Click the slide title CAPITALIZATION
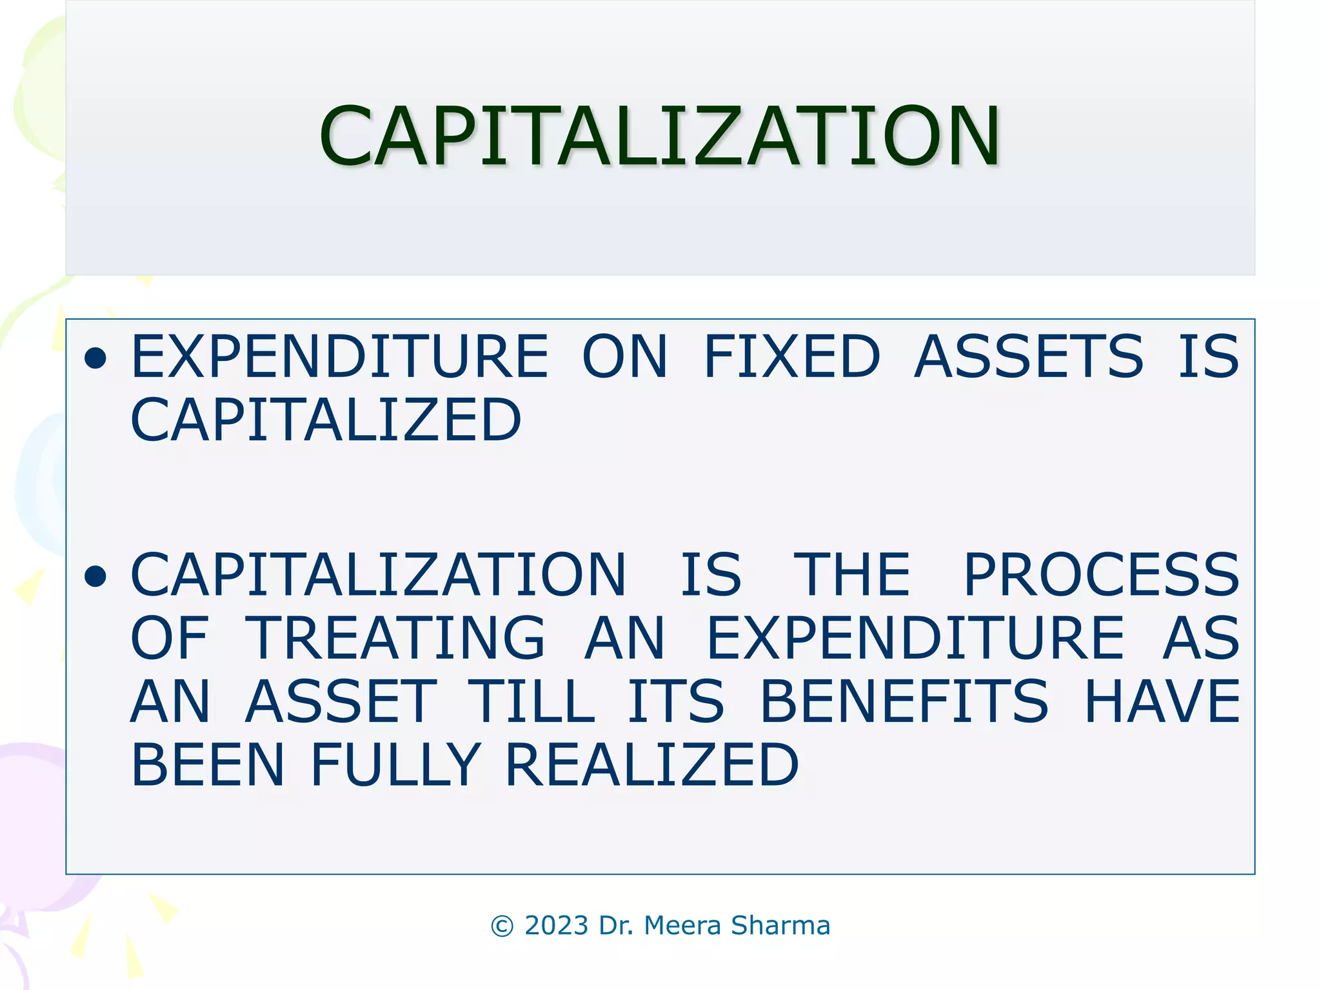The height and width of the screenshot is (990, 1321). (x=659, y=137)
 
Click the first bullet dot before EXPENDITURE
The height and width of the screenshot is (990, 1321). (x=95, y=359)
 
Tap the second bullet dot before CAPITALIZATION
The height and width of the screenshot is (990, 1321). (x=95, y=576)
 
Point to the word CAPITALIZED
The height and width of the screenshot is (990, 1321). (x=326, y=420)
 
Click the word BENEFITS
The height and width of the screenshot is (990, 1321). (x=904, y=701)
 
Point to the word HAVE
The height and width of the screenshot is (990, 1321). (x=1161, y=701)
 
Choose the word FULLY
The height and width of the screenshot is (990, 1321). (x=395, y=764)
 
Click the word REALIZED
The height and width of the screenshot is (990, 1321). (x=651, y=764)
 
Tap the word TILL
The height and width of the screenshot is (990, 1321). (x=531, y=701)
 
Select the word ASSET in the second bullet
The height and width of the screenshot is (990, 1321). (x=341, y=701)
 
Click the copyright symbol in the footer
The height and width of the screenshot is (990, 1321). (x=502, y=926)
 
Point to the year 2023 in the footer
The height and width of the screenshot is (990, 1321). (x=557, y=926)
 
